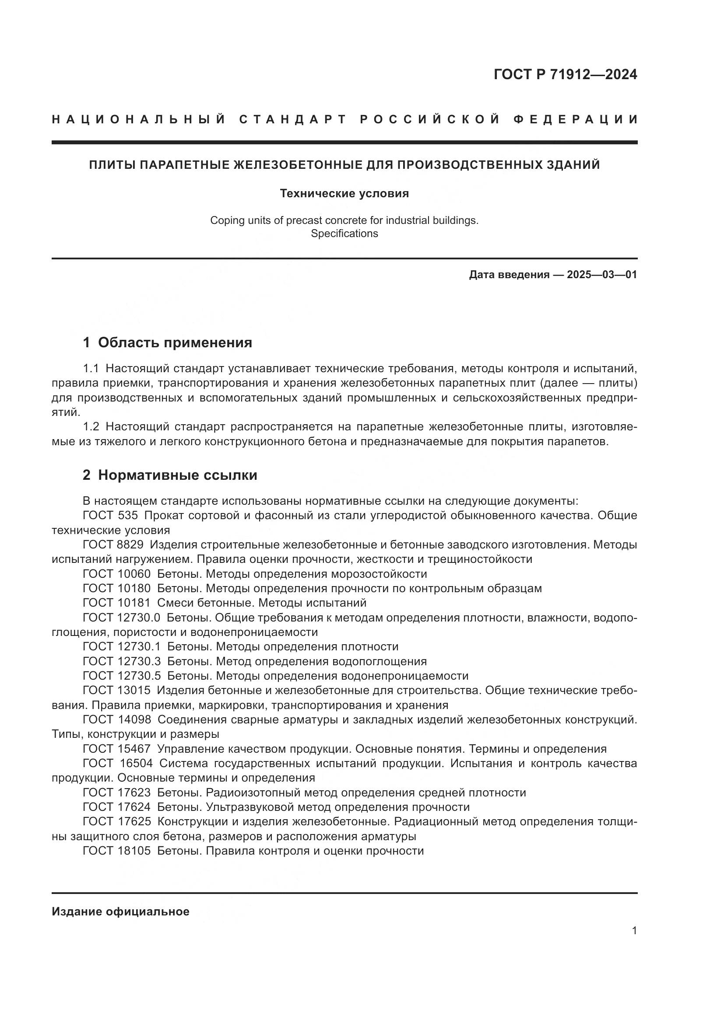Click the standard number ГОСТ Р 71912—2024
(x=565, y=75)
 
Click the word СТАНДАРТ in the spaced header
(x=293, y=119)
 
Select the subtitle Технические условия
(x=344, y=193)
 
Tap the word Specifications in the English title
(x=344, y=234)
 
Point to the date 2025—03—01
(x=602, y=275)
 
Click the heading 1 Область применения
(x=167, y=342)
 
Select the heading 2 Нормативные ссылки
(x=170, y=475)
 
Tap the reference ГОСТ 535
(x=110, y=516)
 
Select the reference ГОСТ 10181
(x=116, y=603)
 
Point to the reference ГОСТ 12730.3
(x=121, y=661)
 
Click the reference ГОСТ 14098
(x=116, y=719)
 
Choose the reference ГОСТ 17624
(x=116, y=807)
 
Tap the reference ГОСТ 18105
(x=116, y=851)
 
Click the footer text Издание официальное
(x=120, y=911)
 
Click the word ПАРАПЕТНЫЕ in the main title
(x=186, y=165)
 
